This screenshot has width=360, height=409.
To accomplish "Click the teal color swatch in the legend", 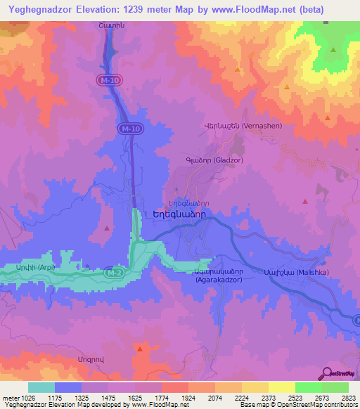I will point(41,387).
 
